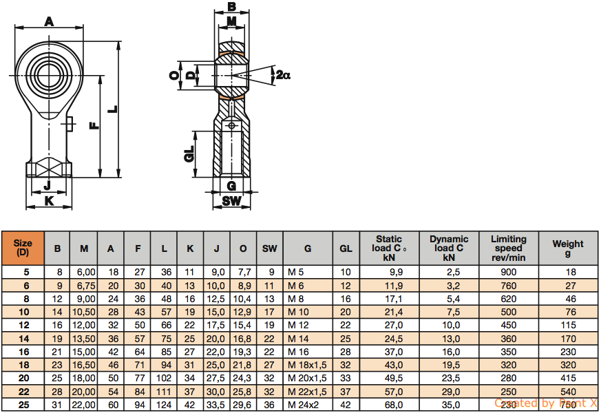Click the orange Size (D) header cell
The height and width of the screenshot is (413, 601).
[x=23, y=248]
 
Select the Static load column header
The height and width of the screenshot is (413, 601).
[x=389, y=248]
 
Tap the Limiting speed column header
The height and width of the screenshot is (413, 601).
[x=509, y=248]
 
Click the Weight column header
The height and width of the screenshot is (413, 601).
[x=568, y=248]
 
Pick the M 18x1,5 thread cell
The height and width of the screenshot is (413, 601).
[x=308, y=365]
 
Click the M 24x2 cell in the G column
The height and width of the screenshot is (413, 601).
[x=303, y=405]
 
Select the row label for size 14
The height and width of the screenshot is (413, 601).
[x=24, y=339]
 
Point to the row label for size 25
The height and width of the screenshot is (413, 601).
[x=24, y=405]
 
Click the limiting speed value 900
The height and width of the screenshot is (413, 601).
[x=509, y=273]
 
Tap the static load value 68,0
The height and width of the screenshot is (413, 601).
[x=394, y=405]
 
